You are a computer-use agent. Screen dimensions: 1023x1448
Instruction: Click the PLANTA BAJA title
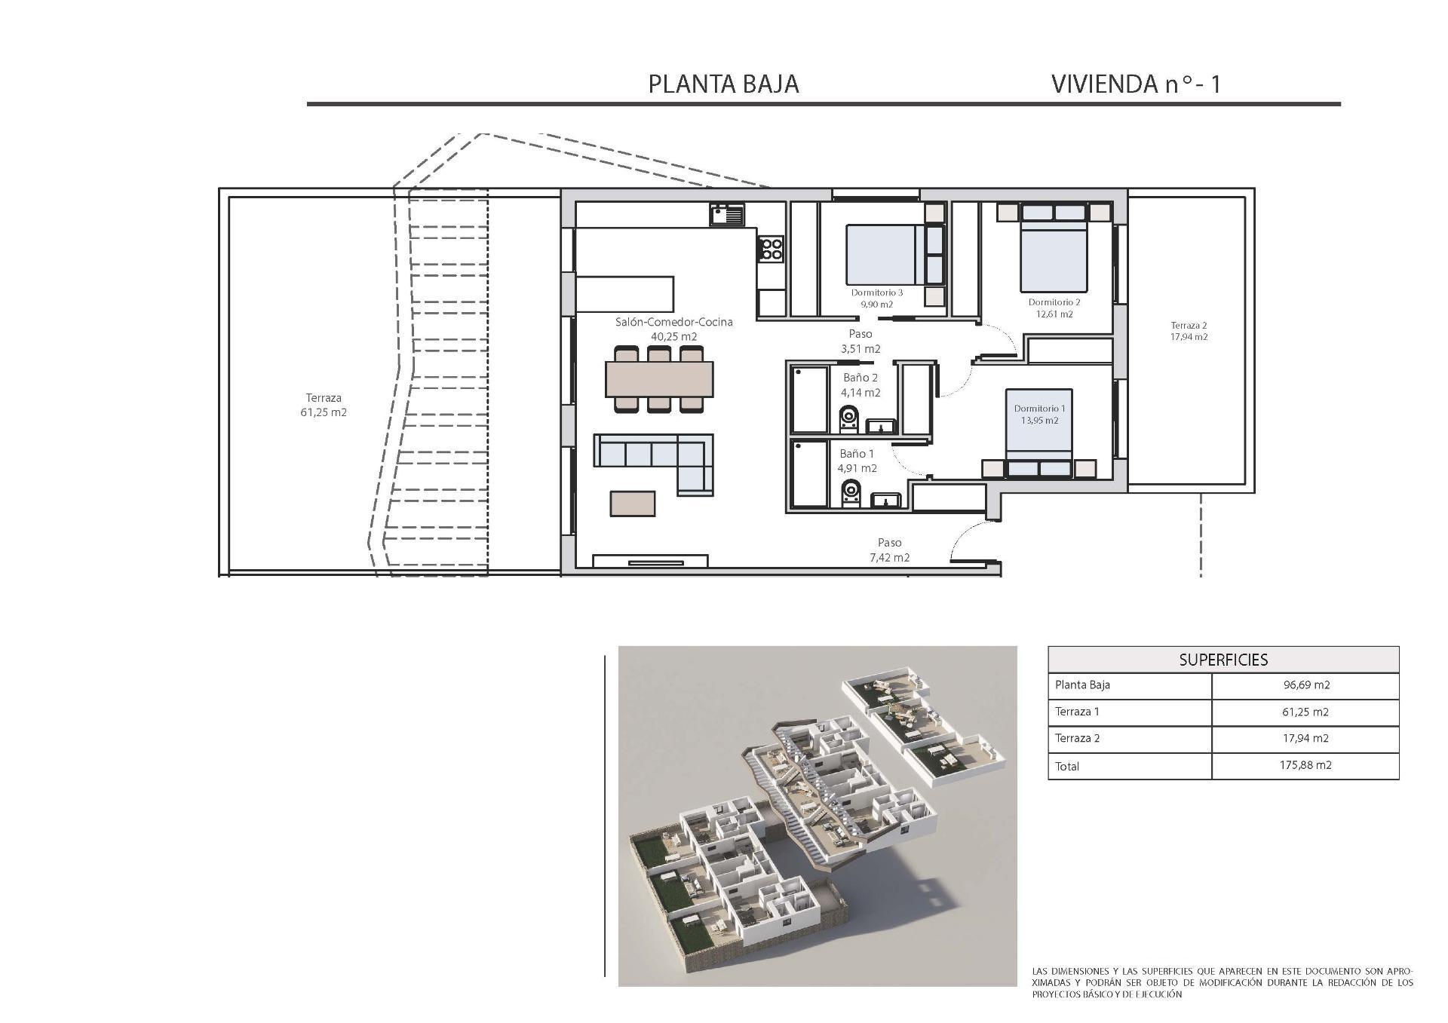[x=723, y=84]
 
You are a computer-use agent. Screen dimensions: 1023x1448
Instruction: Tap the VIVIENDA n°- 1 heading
[x=1135, y=84]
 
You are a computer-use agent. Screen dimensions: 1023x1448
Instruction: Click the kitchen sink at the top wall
[x=726, y=216]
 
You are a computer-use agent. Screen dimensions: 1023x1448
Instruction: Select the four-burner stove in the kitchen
[x=771, y=248]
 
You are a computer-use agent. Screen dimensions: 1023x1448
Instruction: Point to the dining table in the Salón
[x=659, y=379]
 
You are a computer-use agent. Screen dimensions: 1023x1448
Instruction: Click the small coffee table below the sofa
[x=633, y=503]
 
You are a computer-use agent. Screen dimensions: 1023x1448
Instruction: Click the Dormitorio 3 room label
[x=877, y=293]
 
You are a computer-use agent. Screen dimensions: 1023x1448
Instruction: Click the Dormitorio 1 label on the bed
[x=1039, y=409]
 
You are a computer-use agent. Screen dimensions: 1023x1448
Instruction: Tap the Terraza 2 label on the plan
[x=1189, y=326]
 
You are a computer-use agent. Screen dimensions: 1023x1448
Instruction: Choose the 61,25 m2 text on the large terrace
[x=324, y=412]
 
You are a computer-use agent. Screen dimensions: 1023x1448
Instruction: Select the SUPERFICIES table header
[x=1223, y=660]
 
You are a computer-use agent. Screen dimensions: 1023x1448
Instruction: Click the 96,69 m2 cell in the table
[x=1305, y=685]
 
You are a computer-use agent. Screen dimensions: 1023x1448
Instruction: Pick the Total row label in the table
[x=1067, y=766]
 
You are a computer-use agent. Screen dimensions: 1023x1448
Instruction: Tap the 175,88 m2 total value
[x=1305, y=765]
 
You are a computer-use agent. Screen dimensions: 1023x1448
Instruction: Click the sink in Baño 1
[x=886, y=501]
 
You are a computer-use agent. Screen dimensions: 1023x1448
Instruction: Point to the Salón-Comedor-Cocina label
[x=673, y=322]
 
